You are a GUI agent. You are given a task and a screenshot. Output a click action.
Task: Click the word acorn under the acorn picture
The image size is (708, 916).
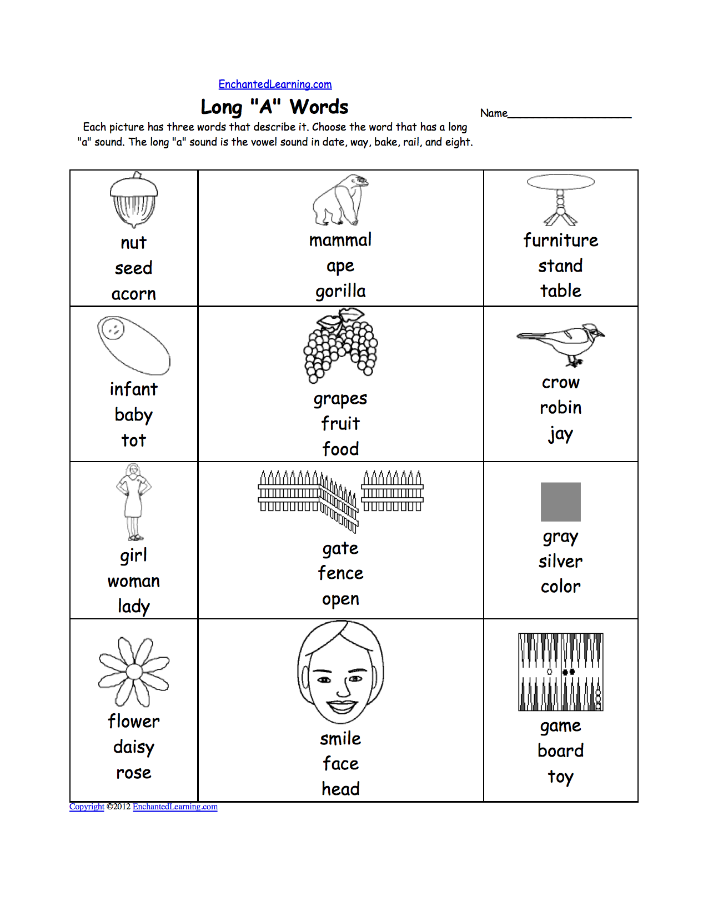pyautogui.click(x=133, y=293)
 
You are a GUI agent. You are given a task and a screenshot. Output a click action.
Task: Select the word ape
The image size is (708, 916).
pyautogui.click(x=340, y=266)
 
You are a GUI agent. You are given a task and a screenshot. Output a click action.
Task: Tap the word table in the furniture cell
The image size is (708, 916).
pyautogui.click(x=560, y=291)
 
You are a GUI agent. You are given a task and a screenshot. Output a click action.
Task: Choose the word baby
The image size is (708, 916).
pyautogui.click(x=133, y=415)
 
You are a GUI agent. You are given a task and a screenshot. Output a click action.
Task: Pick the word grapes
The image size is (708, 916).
pyautogui.click(x=340, y=399)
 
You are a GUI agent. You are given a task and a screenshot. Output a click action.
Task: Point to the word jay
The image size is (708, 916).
pyautogui.click(x=560, y=434)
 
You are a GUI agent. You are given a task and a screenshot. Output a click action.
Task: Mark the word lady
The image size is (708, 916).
pyautogui.click(x=133, y=606)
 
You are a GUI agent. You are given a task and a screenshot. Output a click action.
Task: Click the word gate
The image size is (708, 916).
pyautogui.click(x=340, y=549)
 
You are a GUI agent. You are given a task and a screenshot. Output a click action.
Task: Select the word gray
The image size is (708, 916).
pyautogui.click(x=560, y=537)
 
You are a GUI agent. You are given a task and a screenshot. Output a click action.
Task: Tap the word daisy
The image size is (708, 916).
pyautogui.click(x=133, y=747)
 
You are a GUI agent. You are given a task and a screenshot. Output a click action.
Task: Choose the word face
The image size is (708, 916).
pyautogui.click(x=340, y=764)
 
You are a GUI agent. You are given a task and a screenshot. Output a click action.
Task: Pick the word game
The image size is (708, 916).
pyautogui.click(x=560, y=726)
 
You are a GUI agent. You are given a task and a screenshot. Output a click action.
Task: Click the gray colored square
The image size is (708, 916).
pyautogui.click(x=560, y=502)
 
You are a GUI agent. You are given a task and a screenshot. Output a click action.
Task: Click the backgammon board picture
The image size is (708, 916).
pyautogui.click(x=560, y=672)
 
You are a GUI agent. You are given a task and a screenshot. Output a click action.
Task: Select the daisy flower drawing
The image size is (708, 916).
pyautogui.click(x=134, y=672)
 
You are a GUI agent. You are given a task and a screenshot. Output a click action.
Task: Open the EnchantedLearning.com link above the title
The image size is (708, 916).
pyautogui.click(x=275, y=84)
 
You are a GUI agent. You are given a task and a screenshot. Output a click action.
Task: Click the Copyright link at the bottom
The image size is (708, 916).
pyautogui.click(x=87, y=807)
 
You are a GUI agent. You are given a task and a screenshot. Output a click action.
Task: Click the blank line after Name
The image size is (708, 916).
pyautogui.click(x=569, y=114)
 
